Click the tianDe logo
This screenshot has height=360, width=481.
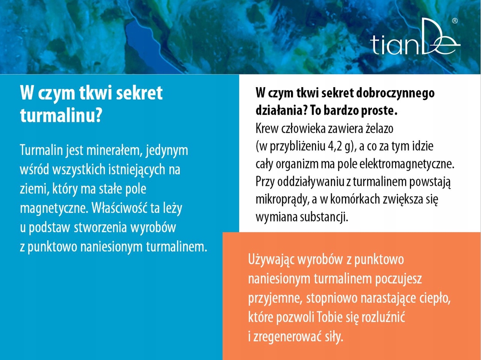tap(415, 37)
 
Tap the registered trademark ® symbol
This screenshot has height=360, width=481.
tap(455, 21)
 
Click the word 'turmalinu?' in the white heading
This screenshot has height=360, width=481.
tap(61, 116)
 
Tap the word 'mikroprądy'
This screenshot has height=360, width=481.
tap(282, 200)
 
